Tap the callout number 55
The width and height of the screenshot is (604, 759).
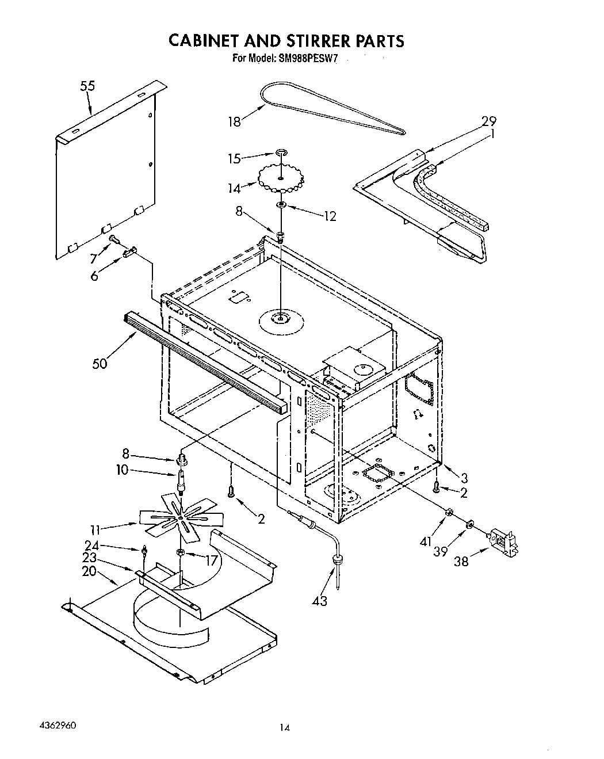pyautogui.click(x=87, y=86)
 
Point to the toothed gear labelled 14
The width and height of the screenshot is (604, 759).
pyautogui.click(x=280, y=178)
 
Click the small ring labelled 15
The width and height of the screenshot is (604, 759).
pyautogui.click(x=281, y=152)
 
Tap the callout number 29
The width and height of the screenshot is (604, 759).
pyautogui.click(x=488, y=121)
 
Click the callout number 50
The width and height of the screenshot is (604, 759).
pyautogui.click(x=100, y=364)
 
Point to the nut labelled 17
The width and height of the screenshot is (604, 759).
pyautogui.click(x=180, y=552)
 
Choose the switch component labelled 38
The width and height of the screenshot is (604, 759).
pyautogui.click(x=503, y=543)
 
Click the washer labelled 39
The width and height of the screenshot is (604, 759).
pyautogui.click(x=469, y=524)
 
